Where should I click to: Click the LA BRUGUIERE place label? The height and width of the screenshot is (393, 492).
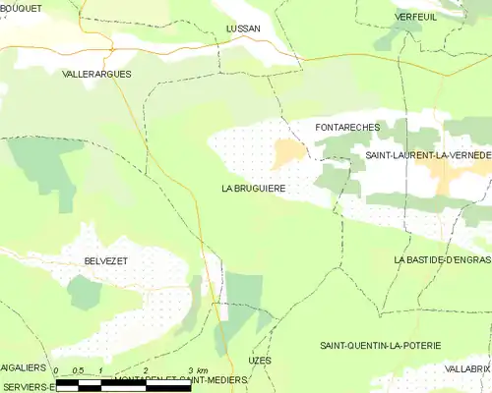pos(253,188)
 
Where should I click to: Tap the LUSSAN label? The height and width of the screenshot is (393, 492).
pos(243,28)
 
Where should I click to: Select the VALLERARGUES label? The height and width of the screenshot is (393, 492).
pos(96,74)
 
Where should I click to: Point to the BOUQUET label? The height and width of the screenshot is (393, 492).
pos(21,8)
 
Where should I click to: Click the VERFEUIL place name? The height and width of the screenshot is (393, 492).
pos(415,18)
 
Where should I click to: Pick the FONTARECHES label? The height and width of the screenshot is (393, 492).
pos(346,128)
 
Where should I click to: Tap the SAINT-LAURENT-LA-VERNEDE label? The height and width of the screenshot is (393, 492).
pos(428,155)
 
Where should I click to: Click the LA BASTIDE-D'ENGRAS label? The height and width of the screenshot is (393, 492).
pos(442,259)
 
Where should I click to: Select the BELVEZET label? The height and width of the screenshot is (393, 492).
pos(99,260)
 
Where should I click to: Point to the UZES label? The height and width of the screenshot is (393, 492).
pos(260,361)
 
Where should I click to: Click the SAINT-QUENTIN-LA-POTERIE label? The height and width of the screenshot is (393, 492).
pos(380,346)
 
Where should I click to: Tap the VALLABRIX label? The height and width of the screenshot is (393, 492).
pos(466,368)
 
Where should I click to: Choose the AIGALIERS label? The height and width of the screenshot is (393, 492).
pos(24,367)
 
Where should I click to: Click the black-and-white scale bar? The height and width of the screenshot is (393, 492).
pos(122,387)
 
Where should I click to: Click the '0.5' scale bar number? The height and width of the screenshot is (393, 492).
pos(79,371)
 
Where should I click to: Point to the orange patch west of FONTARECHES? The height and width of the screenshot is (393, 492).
pos(288,151)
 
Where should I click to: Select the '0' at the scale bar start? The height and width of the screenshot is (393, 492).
pos(57,371)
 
